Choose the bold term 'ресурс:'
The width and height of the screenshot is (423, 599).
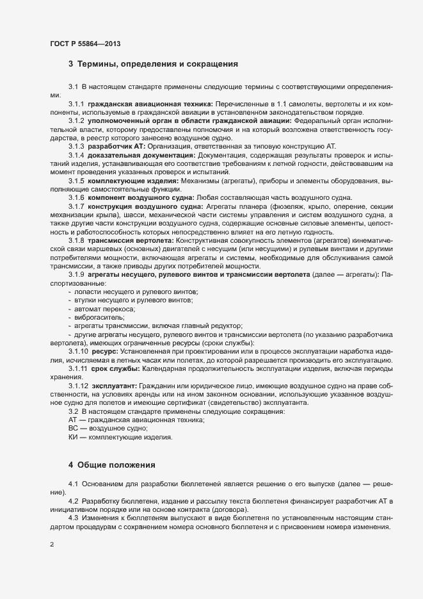point(105,352)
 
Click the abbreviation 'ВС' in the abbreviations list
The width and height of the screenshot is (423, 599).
point(72,428)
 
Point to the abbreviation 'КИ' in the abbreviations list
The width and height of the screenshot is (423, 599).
point(72,437)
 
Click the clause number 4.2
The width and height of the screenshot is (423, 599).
point(73,500)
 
